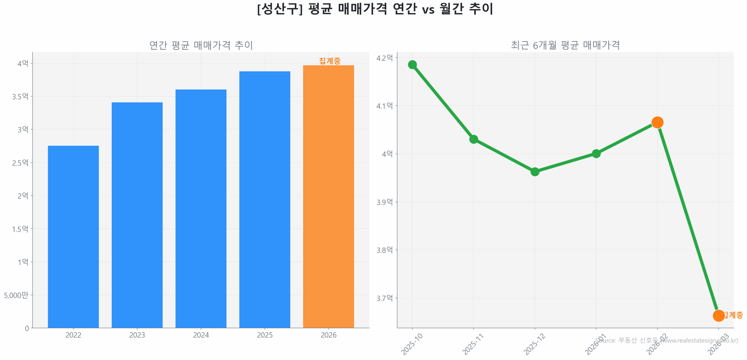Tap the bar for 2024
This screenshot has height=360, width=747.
(x=201, y=208)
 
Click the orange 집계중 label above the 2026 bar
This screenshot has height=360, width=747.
(x=329, y=61)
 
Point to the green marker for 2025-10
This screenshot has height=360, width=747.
(x=412, y=64)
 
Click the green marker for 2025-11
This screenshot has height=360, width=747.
(x=473, y=139)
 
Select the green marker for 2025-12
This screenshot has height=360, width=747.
(x=535, y=172)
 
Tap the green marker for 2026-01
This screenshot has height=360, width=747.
(x=596, y=153)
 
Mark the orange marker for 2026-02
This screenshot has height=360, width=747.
(x=657, y=122)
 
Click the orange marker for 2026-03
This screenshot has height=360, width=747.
(x=718, y=315)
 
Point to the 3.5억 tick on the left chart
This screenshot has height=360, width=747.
(x=20, y=96)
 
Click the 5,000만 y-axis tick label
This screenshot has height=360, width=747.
(x=16, y=295)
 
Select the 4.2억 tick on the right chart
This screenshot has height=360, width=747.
(x=384, y=58)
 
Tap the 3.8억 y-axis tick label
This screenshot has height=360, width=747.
(x=384, y=250)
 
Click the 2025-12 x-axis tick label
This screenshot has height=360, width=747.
(x=534, y=344)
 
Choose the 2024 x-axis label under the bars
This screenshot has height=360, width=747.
(x=201, y=335)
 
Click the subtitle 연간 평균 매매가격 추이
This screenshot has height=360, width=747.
(x=201, y=45)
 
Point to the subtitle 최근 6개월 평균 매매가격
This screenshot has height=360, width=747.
(x=565, y=45)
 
